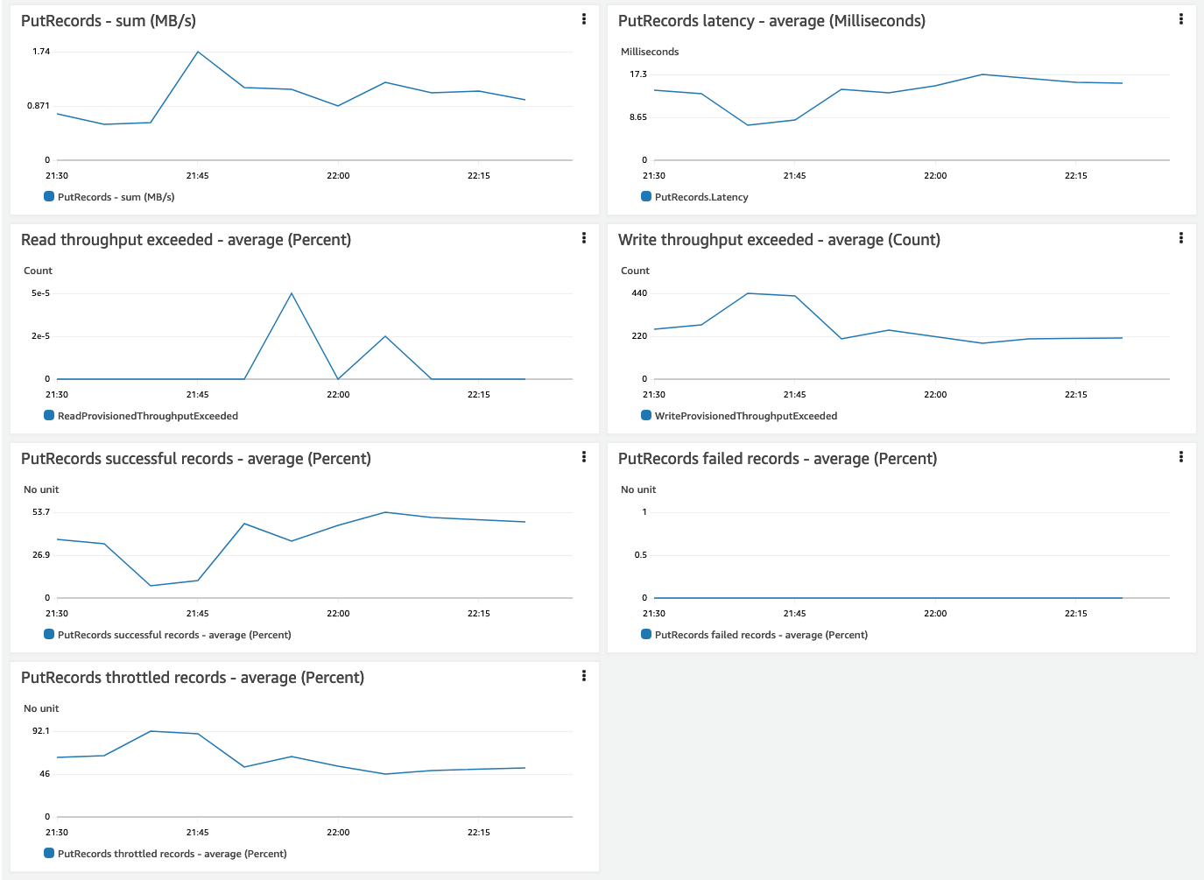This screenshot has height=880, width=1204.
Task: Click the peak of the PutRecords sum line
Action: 198,52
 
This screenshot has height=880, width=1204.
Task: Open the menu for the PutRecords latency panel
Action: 1181,18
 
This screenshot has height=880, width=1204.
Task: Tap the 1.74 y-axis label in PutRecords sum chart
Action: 41,52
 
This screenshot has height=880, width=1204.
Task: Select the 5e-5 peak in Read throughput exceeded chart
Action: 292,293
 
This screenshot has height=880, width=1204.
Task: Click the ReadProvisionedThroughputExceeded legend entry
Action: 147,416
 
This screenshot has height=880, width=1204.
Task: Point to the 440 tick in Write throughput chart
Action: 639,293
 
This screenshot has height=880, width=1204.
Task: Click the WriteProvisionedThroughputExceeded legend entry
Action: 745,416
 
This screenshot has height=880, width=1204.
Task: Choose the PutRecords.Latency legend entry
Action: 701,197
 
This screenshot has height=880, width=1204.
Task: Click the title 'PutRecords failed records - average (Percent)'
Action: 778,459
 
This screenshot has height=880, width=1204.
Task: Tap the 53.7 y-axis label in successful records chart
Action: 41,512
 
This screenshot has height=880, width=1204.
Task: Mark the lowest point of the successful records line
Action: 151,586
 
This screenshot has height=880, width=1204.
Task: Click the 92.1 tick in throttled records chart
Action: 41,731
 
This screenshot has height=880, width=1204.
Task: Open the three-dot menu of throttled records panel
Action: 584,675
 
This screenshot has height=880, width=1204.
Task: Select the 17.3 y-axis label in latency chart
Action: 638,74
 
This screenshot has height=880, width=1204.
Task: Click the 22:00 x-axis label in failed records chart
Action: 935,614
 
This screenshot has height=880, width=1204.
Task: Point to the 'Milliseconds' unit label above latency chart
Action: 650,52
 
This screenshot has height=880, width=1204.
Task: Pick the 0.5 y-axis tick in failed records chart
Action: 641,555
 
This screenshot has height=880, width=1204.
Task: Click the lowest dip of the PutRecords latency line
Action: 748,125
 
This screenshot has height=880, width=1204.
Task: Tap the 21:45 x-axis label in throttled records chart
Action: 198,833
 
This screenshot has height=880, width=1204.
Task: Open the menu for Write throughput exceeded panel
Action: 1181,237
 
